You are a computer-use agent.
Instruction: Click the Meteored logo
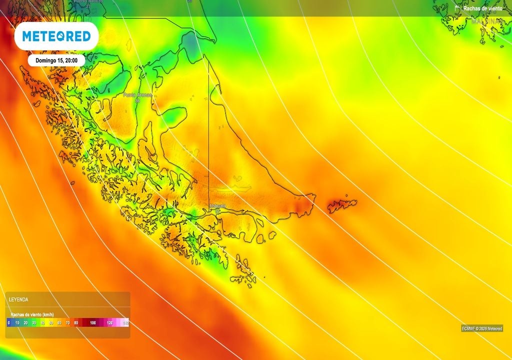pos(56,36)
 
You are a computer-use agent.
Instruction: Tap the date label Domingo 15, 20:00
pos(56,60)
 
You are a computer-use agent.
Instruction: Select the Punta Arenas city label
pos(137,94)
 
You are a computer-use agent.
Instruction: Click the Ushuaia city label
pos(217,206)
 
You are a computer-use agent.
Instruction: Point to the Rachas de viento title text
pos(482,8)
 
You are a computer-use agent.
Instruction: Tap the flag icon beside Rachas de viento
pos(457,8)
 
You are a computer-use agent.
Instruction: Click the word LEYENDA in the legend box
pos(18,299)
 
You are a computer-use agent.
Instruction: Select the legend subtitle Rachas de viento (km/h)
pos(31,314)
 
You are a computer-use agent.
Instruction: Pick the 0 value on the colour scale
pos(9,323)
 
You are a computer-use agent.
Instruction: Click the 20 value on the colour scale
pos(25,323)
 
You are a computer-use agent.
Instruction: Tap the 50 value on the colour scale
pos(51,323)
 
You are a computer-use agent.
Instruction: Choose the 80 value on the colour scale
pos(76,323)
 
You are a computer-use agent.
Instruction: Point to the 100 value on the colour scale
pos(93,323)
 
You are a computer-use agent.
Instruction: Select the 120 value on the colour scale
pos(109,323)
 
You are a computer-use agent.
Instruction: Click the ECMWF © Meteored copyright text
pos(481,328)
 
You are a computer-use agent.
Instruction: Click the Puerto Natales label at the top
pos(88,1)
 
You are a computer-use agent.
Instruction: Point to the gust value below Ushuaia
pos(217,211)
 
